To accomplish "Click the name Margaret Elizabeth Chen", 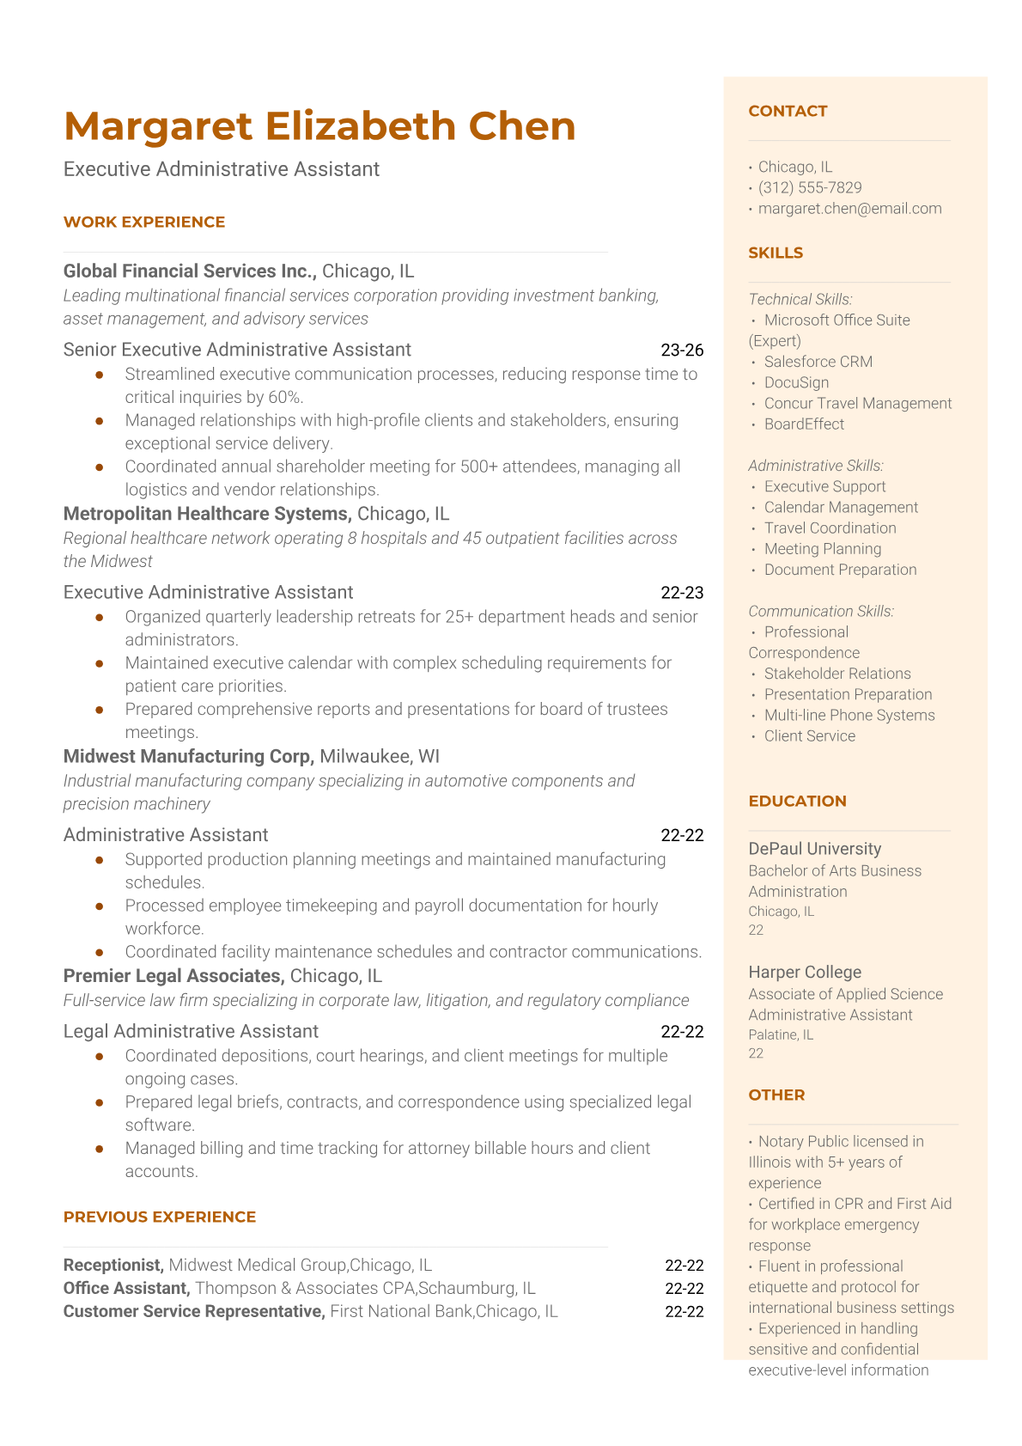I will click(319, 126).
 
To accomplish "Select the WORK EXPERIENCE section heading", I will click(144, 222).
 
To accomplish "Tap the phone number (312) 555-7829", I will click(810, 187).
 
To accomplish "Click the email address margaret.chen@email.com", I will click(849, 208).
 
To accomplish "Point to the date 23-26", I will click(682, 350).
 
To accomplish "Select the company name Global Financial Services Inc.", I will click(190, 271).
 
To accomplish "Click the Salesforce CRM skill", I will click(818, 362).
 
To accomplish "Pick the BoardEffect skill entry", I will click(804, 424).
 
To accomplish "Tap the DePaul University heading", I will click(814, 849).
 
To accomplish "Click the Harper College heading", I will click(805, 972).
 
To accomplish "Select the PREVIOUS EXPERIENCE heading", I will click(160, 1217).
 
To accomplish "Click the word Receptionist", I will click(113, 1265).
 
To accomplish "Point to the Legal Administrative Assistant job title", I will click(191, 1031).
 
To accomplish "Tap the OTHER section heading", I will click(776, 1095).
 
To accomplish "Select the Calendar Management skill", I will click(841, 507).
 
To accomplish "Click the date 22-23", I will click(682, 592).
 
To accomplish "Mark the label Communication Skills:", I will click(821, 611).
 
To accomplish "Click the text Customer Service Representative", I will click(194, 1311).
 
